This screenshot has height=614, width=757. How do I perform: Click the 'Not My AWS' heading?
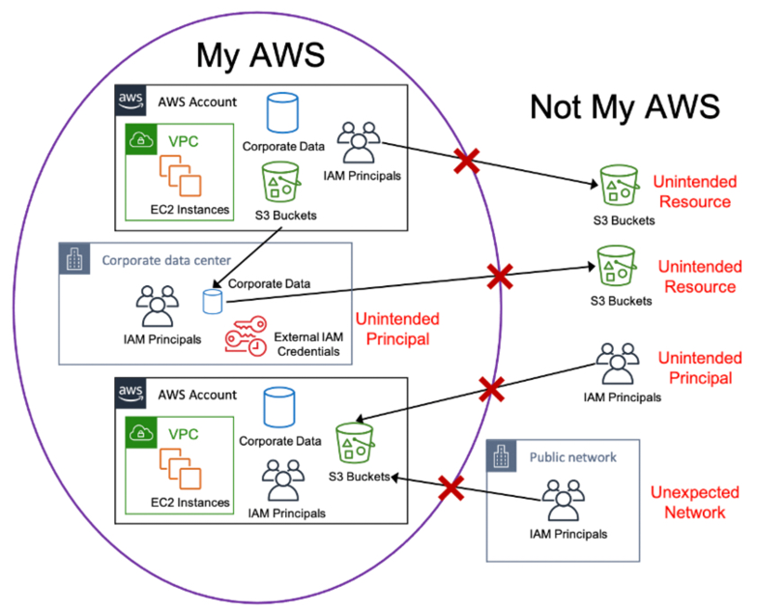[625, 106]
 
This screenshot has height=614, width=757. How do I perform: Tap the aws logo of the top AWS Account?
[131, 101]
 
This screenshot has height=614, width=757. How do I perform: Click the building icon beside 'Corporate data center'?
[76, 260]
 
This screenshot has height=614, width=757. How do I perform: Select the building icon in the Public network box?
[504, 457]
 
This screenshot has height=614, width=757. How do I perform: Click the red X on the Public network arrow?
[451, 488]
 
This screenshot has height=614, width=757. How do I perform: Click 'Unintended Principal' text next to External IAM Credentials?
[397, 328]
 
